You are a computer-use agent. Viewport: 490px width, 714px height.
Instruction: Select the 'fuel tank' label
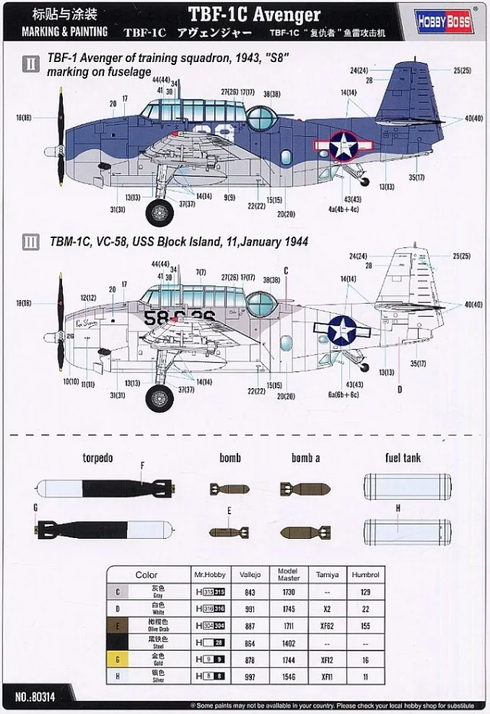click(403, 458)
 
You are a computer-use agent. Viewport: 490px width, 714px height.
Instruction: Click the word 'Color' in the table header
click(146, 575)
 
